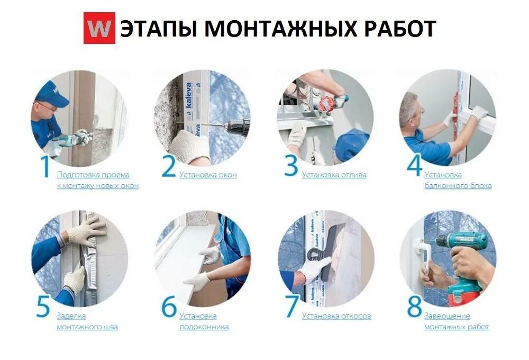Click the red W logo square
[99, 29]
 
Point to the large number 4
[414, 165]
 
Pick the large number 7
[292, 307]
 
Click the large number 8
[415, 307]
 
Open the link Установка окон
[208, 175]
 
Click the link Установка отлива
[334, 175]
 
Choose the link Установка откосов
[336, 316]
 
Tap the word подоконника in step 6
[204, 327]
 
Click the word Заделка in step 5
[71, 316]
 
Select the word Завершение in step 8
[447, 316]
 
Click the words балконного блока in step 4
[458, 186]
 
